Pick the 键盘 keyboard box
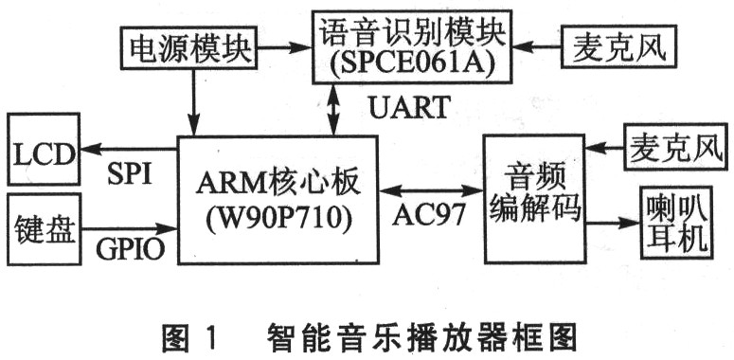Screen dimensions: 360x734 coord(44,228)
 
